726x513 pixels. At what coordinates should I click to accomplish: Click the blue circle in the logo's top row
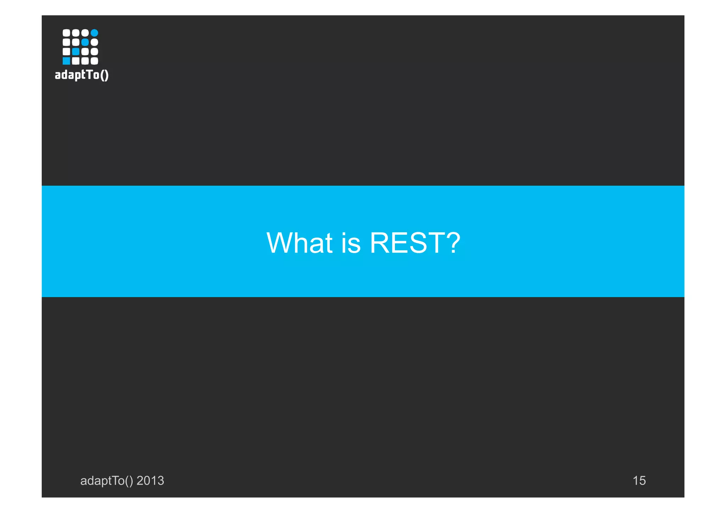pyautogui.click(x=94, y=33)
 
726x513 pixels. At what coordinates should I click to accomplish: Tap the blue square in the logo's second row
pyautogui.click(x=85, y=42)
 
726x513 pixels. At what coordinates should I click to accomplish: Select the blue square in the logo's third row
pyautogui.click(x=76, y=52)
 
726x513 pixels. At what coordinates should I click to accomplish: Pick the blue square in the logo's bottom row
pyautogui.click(x=66, y=61)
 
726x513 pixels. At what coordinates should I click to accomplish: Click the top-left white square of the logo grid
pyautogui.click(x=66, y=33)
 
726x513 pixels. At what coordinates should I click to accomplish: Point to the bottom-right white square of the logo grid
pyautogui.click(x=94, y=61)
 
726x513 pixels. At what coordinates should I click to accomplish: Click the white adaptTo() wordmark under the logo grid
pyautogui.click(x=82, y=75)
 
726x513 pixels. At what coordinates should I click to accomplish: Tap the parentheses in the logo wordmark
pyautogui.click(x=104, y=75)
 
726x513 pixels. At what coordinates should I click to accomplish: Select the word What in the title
pyautogui.click(x=300, y=243)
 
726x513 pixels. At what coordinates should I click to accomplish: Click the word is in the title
pyautogui.click(x=351, y=243)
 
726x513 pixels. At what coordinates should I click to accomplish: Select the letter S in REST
pyautogui.click(x=415, y=243)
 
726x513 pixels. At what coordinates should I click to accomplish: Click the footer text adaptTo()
pyautogui.click(x=106, y=481)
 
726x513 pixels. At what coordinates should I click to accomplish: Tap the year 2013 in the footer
pyautogui.click(x=150, y=480)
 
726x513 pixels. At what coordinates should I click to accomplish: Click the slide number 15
pyautogui.click(x=639, y=481)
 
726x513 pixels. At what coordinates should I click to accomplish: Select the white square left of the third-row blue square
pyautogui.click(x=66, y=52)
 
